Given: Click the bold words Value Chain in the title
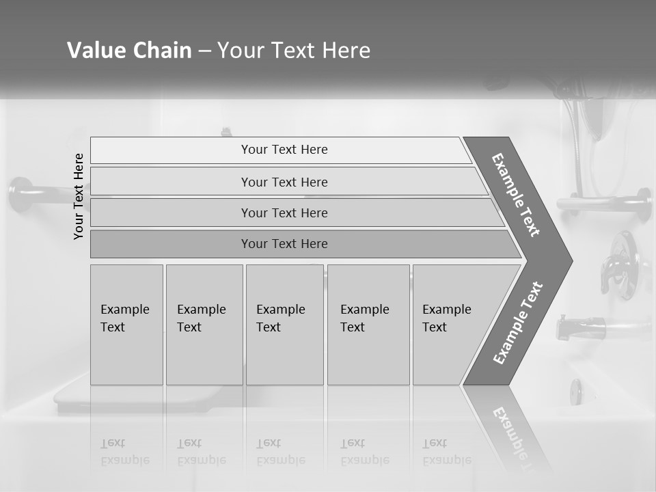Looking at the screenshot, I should (x=129, y=51).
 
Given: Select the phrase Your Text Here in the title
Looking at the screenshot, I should (x=294, y=51).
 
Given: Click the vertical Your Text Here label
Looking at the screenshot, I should (x=79, y=196).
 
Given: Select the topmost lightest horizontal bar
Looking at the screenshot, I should (x=284, y=150).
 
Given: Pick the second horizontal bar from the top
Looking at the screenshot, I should (x=284, y=182).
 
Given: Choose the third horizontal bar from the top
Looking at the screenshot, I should (x=284, y=213).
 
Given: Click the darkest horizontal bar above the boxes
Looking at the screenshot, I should (x=284, y=244).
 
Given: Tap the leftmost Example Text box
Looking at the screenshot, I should (x=126, y=325).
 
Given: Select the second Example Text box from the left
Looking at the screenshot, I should (x=204, y=325).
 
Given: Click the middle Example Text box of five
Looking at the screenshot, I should (x=284, y=325).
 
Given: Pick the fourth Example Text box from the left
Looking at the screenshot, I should (x=368, y=325).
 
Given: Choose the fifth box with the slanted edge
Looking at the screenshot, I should (x=451, y=325).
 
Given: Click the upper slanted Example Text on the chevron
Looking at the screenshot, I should (x=516, y=195).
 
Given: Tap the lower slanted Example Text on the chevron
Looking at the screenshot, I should (x=518, y=323).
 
